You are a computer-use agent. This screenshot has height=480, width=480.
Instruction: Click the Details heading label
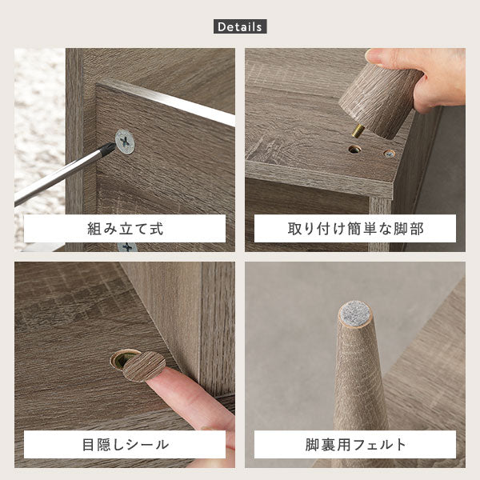tap(240, 26)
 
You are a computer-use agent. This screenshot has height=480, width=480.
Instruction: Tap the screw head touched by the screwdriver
tap(125, 142)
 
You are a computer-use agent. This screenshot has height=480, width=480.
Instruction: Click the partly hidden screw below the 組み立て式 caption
tap(127, 246)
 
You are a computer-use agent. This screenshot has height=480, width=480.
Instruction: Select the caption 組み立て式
tap(125, 229)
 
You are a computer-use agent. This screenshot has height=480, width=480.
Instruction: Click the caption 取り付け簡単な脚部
tap(355, 229)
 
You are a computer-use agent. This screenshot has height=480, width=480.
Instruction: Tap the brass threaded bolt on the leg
tap(358, 130)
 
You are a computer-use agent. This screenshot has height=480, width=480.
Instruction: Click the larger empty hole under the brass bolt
tap(354, 150)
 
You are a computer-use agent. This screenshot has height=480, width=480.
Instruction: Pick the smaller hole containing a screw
tap(389, 153)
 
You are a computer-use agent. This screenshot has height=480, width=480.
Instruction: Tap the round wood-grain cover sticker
tap(144, 366)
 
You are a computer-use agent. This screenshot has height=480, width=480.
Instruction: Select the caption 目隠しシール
tap(125, 445)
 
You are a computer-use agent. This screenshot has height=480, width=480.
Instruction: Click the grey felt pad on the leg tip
tap(355, 314)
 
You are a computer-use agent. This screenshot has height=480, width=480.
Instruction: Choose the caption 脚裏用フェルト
tap(355, 445)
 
